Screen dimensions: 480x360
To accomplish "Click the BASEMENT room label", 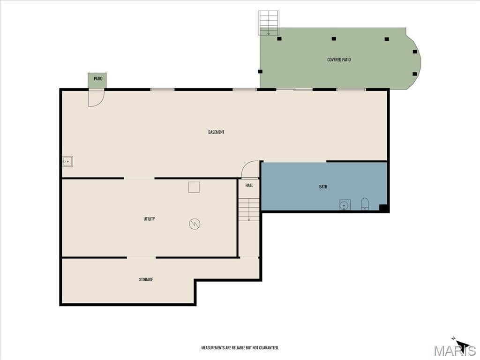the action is pos(216,132).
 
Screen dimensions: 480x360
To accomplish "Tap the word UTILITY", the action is pos(149,219).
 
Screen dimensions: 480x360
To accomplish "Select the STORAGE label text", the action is pos(146,279).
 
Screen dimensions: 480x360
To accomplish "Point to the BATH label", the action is pos(323,187).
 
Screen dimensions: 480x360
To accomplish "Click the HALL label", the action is pos(249,186).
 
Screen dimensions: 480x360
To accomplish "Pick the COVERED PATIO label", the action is pos(339,60).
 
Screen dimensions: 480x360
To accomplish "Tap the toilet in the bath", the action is pos(365,204).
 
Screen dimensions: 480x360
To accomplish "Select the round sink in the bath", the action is pos(345,205).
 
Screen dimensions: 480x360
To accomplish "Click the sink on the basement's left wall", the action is pos(67,161).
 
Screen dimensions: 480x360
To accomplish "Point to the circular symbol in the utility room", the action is pos(195,224).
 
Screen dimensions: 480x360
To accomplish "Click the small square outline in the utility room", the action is pos(194,187).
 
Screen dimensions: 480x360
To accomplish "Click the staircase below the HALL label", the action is pos(249,210).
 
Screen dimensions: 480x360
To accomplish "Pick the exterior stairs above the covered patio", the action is pos(269,23).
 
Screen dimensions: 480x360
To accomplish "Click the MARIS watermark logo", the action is pos(455,350).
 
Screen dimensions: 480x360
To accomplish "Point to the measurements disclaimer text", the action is pos(240,348).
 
